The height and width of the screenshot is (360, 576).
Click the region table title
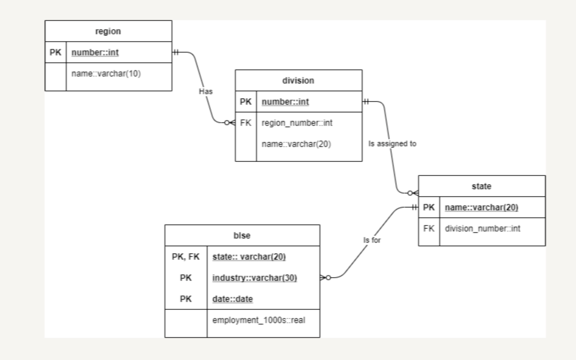tap(108, 31)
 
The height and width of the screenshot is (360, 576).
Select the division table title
tap(298, 81)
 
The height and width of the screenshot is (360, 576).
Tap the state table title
tap(481, 186)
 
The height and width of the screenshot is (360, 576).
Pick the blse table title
tap(242, 236)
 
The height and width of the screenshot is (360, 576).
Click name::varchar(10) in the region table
tap(106, 74)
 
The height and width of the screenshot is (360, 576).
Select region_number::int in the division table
tap(297, 123)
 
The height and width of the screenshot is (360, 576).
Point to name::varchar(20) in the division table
tap(296, 144)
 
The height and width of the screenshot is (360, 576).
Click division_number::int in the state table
tap(482, 229)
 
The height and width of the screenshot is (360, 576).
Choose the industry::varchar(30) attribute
tap(255, 278)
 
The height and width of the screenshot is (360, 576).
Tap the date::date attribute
tap(233, 299)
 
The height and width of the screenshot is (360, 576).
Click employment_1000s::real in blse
tap(259, 320)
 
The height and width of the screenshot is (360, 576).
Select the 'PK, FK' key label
tap(186, 257)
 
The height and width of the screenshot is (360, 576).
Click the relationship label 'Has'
tap(206, 92)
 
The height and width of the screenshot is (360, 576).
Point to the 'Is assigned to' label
tap(392, 144)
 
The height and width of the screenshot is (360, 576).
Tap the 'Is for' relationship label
tap(372, 240)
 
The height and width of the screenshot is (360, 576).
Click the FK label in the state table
tap(429, 229)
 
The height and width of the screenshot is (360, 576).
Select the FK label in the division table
tap(246, 123)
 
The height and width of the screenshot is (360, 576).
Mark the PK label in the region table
tap(55, 52)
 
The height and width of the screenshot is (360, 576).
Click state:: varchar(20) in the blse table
tap(249, 257)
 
